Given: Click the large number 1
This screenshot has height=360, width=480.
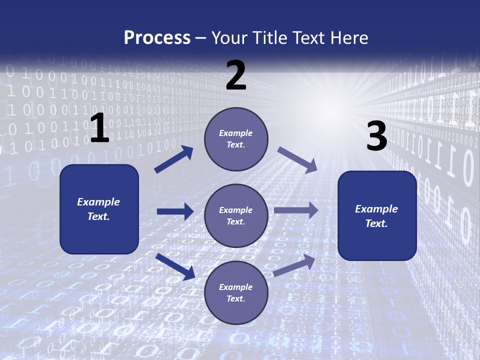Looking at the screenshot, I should coord(99,128).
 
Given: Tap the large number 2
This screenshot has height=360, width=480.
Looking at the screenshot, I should coord(236,75).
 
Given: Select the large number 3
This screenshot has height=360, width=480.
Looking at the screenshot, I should coord(376,136).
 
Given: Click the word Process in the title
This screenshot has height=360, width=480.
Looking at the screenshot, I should coord(157,37).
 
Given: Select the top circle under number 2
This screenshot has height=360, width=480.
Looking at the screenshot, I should coord(236,139).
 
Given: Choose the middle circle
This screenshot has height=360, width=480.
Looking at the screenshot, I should coord(236,215).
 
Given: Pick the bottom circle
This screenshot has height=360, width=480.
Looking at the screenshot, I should coord(236,292).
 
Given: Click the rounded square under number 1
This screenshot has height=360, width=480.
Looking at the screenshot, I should coord(99,209).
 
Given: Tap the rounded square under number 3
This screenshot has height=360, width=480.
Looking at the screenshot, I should coord(377,215).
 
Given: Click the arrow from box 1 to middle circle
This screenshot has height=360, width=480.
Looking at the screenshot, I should coord(175,211).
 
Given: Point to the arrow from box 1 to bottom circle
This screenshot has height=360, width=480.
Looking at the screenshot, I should coord(175,266).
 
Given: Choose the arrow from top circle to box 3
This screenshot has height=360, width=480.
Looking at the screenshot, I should coord(297,160).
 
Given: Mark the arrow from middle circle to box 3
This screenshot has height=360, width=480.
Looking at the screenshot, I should coord(296,210).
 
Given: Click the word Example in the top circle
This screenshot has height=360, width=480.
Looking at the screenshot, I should coord(236,133).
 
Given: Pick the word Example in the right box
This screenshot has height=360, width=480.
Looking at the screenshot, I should coord(376,209).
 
